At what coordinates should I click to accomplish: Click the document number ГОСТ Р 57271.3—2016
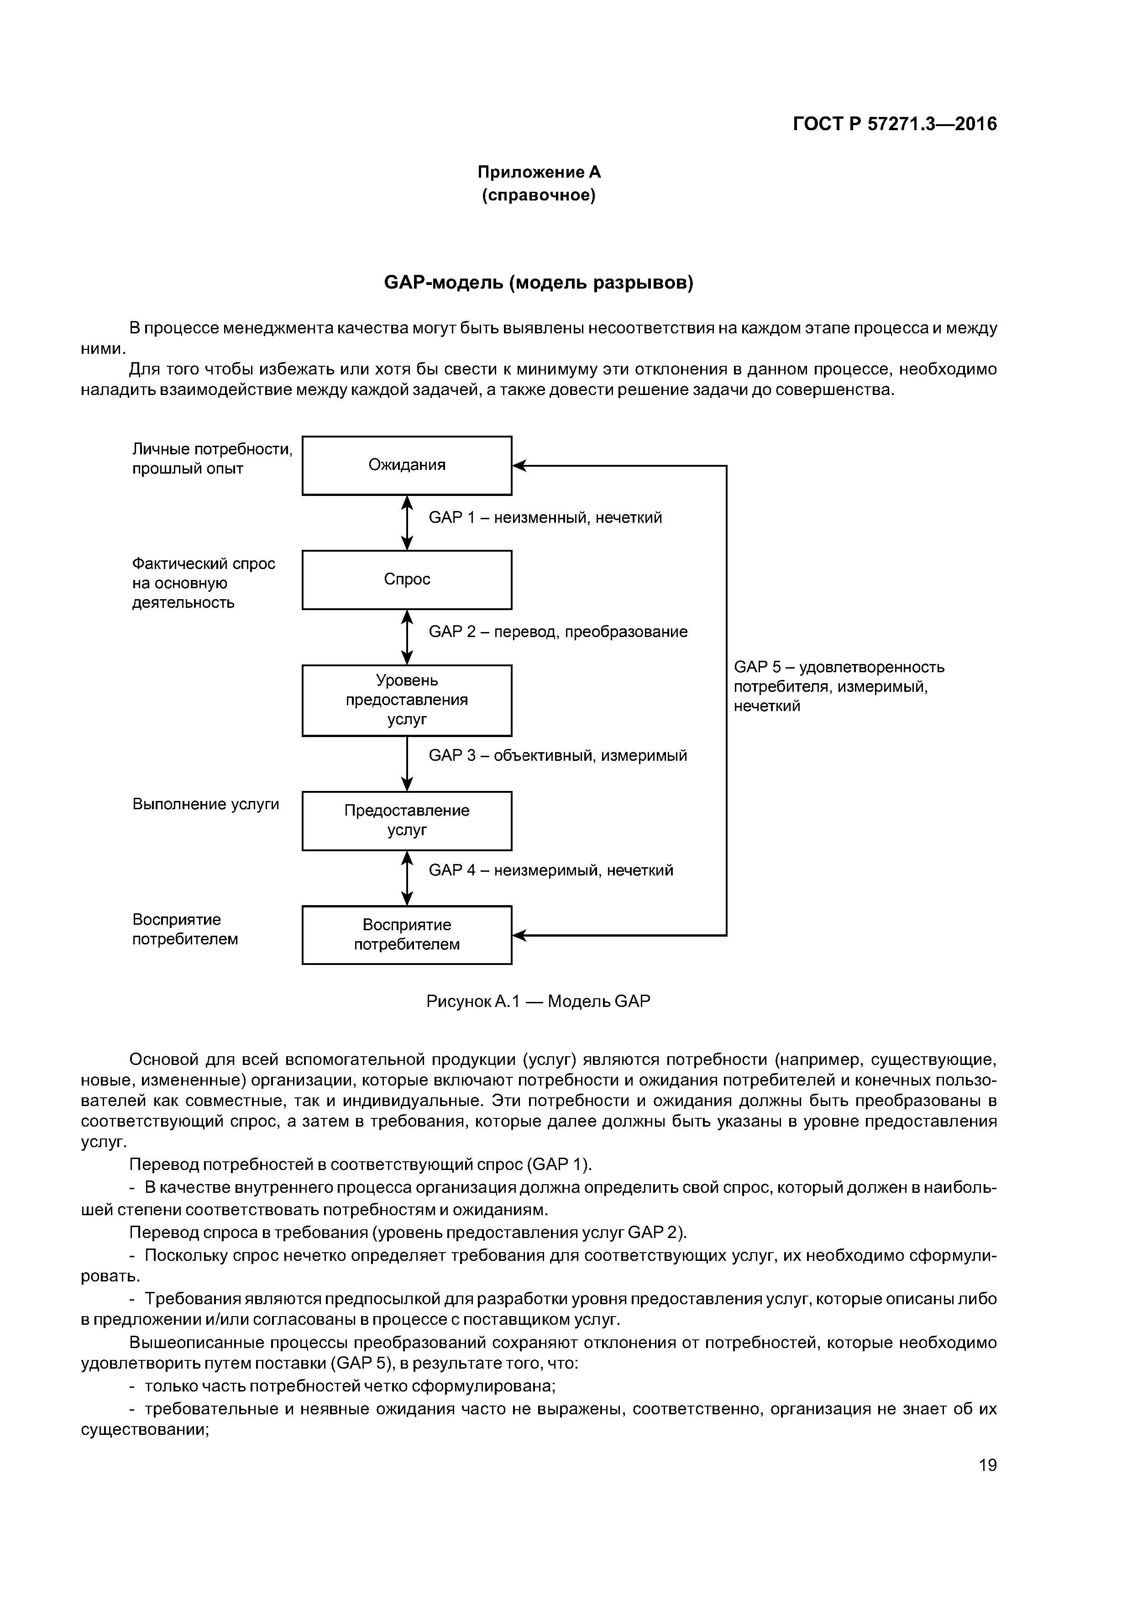point(895,124)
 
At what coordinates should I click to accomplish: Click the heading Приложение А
point(539,172)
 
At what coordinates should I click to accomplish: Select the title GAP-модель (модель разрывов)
point(539,283)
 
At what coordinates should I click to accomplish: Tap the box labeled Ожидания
point(407,465)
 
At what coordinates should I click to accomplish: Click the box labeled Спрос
point(407,580)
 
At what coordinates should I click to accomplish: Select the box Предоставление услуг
point(407,821)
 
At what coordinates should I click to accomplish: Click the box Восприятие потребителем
point(407,935)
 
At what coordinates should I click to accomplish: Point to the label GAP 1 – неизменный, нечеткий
point(545,518)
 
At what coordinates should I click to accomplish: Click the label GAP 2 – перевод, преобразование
point(557,632)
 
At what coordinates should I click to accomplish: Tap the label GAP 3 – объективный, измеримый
point(557,756)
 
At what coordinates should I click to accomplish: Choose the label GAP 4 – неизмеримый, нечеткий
point(550,871)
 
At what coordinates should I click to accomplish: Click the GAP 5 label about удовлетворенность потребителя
point(839,686)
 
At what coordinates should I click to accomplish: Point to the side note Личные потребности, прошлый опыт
point(212,458)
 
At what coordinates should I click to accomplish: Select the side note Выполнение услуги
point(206,805)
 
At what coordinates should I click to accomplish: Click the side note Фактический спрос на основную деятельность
point(204,583)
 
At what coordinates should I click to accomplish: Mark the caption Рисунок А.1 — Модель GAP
point(538,1002)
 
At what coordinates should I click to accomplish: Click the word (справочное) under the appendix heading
point(539,196)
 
